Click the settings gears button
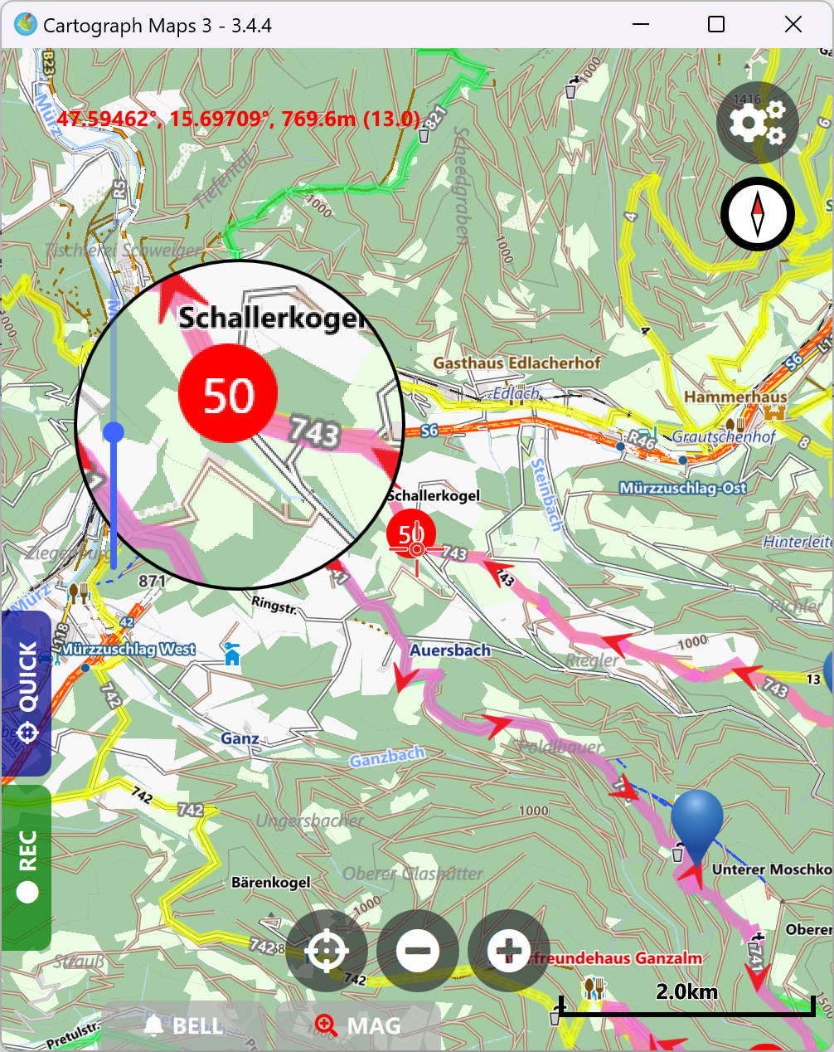(x=757, y=123)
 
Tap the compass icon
(x=757, y=213)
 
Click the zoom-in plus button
(x=508, y=950)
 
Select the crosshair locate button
(x=327, y=950)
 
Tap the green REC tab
(x=27, y=866)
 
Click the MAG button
(x=358, y=1026)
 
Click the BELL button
(x=184, y=1026)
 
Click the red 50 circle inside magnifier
(x=227, y=394)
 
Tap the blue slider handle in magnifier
(x=114, y=432)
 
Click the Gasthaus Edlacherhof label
(x=516, y=363)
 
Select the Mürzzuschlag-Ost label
(x=683, y=488)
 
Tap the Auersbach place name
(x=450, y=650)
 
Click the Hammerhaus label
(x=735, y=397)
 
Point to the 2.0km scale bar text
(x=686, y=991)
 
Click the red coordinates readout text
(x=239, y=119)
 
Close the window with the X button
(x=793, y=25)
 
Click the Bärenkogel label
(x=270, y=882)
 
